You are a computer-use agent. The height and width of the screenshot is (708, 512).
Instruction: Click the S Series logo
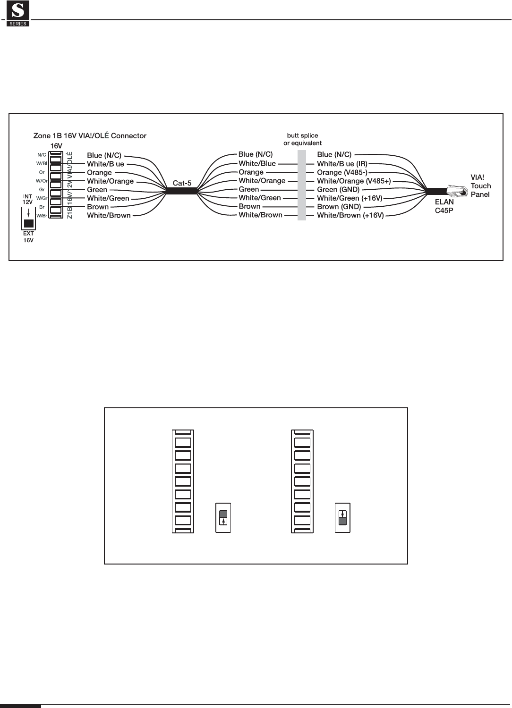click(x=18, y=13)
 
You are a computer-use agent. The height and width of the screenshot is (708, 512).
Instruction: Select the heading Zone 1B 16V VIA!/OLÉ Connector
click(x=90, y=136)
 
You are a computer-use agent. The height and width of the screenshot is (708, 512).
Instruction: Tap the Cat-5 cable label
click(x=182, y=183)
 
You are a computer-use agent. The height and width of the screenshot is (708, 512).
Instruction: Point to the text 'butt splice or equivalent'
click(x=303, y=139)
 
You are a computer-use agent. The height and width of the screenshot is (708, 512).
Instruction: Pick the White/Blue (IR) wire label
click(x=342, y=164)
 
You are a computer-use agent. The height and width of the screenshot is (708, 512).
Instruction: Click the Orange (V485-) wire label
click(x=342, y=172)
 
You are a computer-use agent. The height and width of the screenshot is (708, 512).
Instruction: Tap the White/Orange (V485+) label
click(x=354, y=181)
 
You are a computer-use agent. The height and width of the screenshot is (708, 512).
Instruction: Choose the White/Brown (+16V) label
click(x=350, y=215)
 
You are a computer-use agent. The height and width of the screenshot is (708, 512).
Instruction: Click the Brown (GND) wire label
click(x=339, y=207)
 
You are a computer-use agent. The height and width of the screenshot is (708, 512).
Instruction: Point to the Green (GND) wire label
click(x=338, y=190)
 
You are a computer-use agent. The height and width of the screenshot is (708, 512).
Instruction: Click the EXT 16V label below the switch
click(x=29, y=237)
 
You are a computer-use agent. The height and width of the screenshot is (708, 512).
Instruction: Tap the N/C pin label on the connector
click(x=42, y=155)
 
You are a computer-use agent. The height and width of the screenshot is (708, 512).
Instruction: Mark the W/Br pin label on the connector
click(x=42, y=216)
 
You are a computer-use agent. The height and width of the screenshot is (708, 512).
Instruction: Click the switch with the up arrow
click(x=223, y=518)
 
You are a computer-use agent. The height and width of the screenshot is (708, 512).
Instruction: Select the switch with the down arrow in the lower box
click(x=342, y=518)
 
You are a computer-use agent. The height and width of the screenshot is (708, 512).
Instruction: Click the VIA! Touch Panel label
click(x=481, y=186)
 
